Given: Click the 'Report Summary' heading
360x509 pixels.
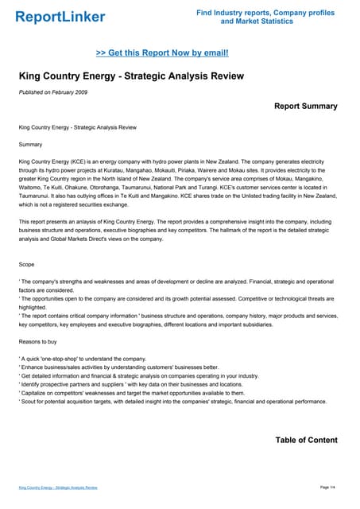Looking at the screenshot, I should (305, 106).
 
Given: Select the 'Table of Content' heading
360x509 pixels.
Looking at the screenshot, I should (306, 440).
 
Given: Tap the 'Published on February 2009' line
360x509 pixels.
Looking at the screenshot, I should (52, 93).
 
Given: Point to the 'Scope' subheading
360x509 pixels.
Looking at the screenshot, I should (29, 262).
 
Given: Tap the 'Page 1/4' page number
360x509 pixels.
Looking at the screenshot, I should (328, 486).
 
